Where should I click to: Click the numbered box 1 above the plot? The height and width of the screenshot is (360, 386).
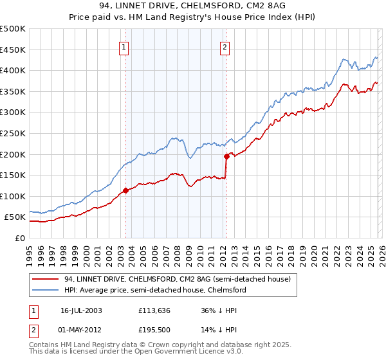coord(124,46)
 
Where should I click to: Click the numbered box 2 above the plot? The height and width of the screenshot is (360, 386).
coord(225,46)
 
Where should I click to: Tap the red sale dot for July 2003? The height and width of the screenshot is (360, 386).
coord(125,190)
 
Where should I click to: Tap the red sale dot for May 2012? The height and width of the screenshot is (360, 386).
coord(226,156)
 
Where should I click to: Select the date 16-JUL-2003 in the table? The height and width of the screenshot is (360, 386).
coord(81,310)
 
